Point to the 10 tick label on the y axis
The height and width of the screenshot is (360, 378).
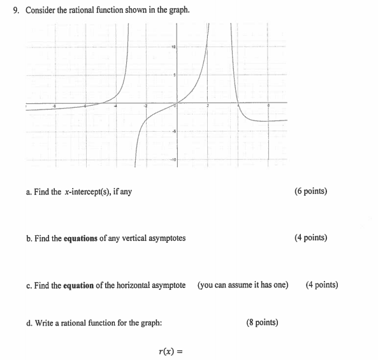[173, 47]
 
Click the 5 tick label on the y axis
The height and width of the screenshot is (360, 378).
[174, 75]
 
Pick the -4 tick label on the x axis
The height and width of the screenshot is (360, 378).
[115, 106]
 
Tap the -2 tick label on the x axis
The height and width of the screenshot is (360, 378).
[145, 106]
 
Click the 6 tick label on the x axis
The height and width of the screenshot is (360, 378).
[268, 106]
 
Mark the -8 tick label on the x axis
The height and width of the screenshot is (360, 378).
[54, 106]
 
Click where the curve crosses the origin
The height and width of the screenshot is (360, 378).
[177, 103]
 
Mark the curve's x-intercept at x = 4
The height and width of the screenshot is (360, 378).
[238, 103]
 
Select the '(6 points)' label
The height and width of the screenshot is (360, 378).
[310, 191]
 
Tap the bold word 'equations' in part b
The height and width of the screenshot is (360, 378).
[81, 238]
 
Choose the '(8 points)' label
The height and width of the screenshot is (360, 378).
[261, 322]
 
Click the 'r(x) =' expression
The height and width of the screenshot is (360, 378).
[170, 350]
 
